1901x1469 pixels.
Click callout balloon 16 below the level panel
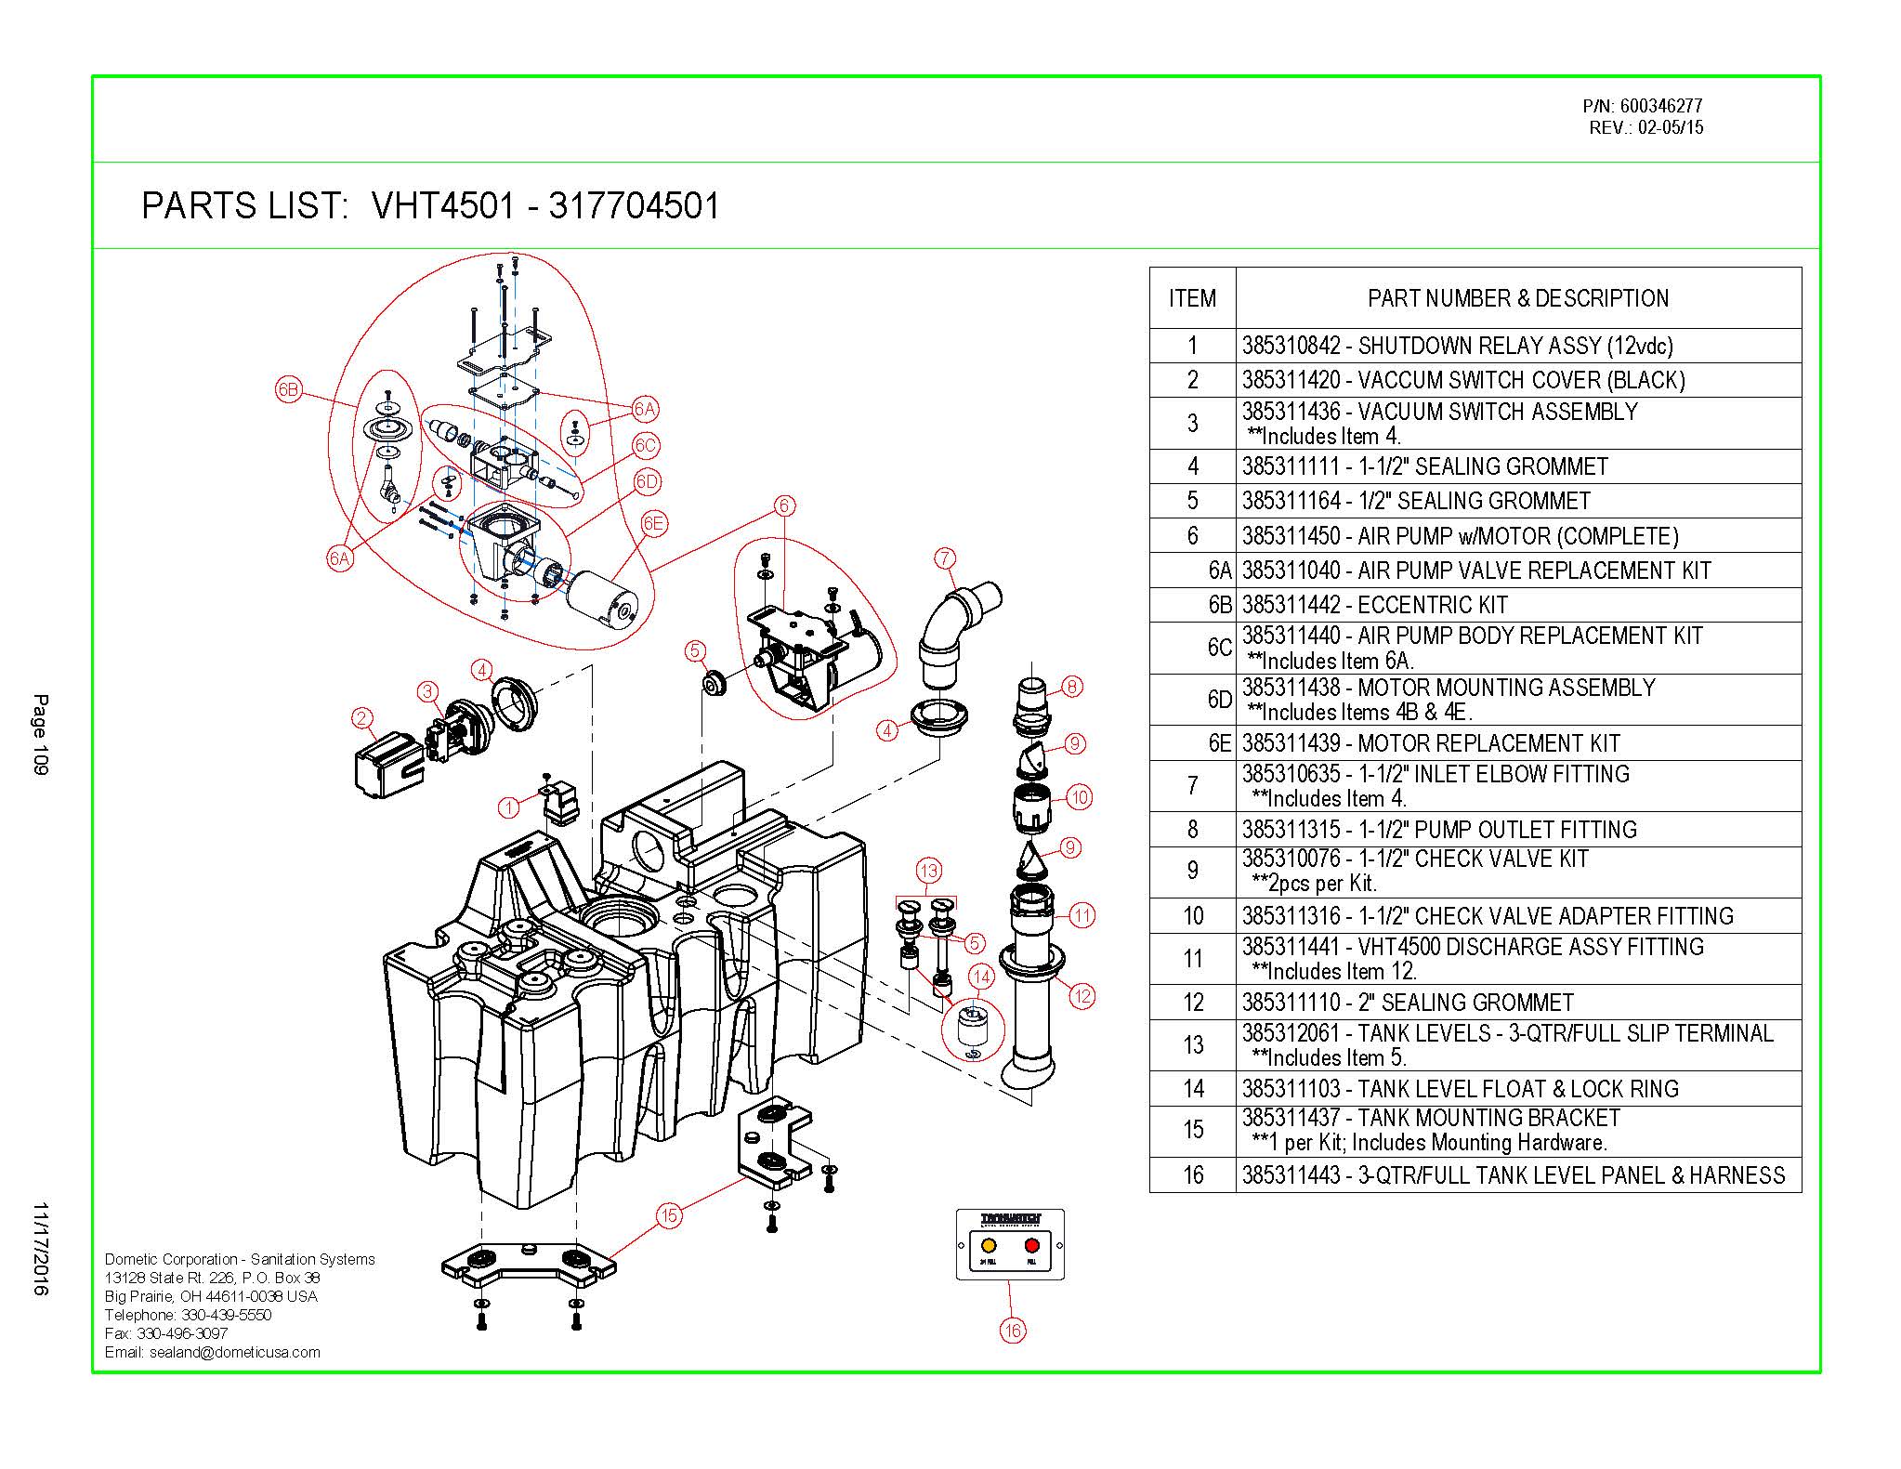[x=1012, y=1331]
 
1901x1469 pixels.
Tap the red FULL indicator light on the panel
[x=1031, y=1245]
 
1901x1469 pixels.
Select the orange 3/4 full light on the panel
[x=989, y=1245]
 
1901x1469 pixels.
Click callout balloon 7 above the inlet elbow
[x=944, y=558]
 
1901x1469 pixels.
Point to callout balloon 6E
[x=653, y=524]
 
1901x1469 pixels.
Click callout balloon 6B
[x=289, y=390]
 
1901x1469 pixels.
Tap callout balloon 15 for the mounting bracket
[x=669, y=1215]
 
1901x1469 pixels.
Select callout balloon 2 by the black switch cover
[x=362, y=717]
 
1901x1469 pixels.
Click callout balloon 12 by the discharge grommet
[x=1082, y=997]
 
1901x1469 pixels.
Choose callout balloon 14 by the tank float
[x=981, y=976]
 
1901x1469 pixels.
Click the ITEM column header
[x=1192, y=298]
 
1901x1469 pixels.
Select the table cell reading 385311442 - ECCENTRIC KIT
[x=1374, y=605]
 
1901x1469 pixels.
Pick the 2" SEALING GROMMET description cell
[x=1408, y=1003]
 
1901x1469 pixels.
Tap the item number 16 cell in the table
[x=1193, y=1175]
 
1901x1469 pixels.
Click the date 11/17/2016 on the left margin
[x=40, y=1249]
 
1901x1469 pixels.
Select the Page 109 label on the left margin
[x=40, y=734]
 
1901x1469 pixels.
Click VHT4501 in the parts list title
[x=442, y=205]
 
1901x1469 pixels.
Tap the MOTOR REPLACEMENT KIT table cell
[x=1431, y=743]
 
